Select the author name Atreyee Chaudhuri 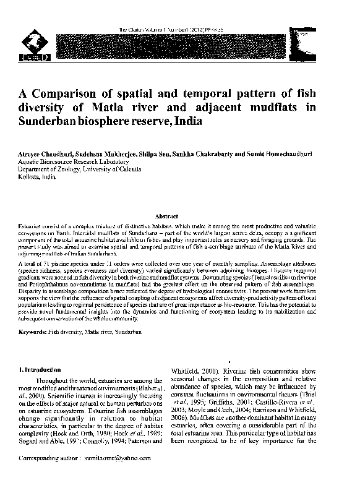(45, 152)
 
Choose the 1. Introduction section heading (40, 369)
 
